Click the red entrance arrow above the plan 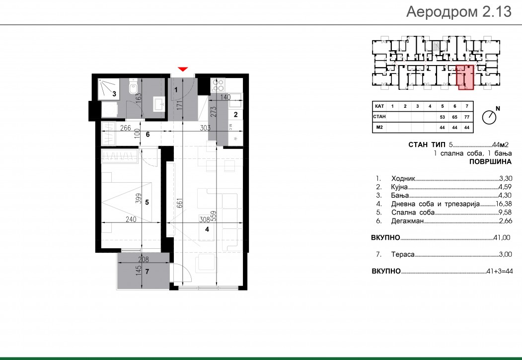tap(183, 69)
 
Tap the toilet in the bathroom tap(133, 87)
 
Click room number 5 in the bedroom tap(147, 202)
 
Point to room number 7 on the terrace tap(147, 272)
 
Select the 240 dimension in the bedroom tap(131, 219)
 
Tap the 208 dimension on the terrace tap(144, 259)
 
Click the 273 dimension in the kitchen tap(214, 111)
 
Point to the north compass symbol tap(489, 117)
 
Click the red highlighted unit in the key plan tap(465, 77)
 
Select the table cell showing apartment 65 tap(455, 117)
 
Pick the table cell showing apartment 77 tap(467, 117)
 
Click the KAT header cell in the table tap(379, 106)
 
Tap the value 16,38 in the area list tap(504, 204)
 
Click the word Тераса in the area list tap(403, 255)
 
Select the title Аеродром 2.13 tap(459, 11)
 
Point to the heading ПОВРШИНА tap(490, 162)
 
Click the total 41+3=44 tap(499, 271)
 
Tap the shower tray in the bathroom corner tap(107, 89)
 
